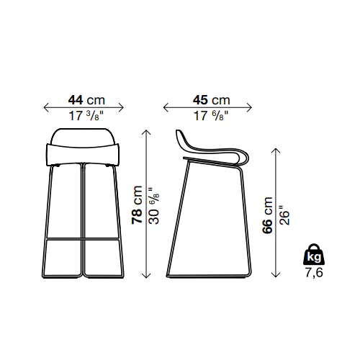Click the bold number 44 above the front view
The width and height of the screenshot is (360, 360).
tap(76, 100)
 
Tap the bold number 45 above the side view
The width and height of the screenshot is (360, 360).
tap(200, 100)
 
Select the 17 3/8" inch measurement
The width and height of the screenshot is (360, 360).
tap(86, 116)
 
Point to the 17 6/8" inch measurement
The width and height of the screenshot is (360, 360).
tap(211, 116)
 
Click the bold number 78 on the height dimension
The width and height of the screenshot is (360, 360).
tap(137, 217)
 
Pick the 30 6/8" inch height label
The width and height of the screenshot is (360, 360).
tap(153, 206)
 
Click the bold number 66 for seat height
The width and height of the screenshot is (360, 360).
tap(267, 225)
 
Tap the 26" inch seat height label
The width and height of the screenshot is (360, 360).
tap(284, 215)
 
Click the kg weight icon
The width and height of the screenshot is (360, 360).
tap(314, 255)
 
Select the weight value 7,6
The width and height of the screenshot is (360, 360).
tap(314, 273)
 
